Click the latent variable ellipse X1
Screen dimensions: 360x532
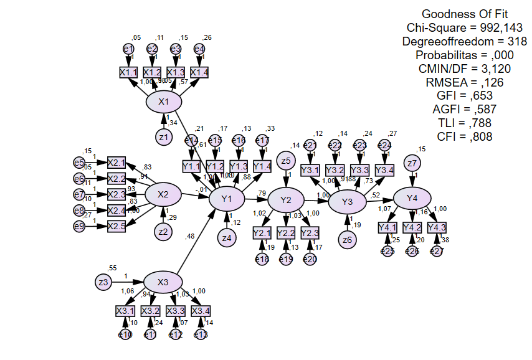tap(164, 102)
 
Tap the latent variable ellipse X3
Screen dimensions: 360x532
tap(163, 282)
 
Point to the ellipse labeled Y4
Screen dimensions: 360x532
tap(412, 198)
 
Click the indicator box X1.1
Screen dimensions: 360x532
tap(128, 72)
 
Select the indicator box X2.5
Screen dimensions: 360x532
tap(116, 225)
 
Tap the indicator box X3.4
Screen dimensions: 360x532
tap(200, 310)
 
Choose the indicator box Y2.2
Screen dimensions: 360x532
tap(286, 232)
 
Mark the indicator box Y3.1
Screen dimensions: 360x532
tap(310, 170)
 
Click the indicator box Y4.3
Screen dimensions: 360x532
tap(437, 227)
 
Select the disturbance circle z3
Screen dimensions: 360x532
tap(103, 282)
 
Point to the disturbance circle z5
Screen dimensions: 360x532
tap(286, 161)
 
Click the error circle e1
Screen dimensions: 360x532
tap(128, 49)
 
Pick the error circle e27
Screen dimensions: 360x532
tap(436, 251)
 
